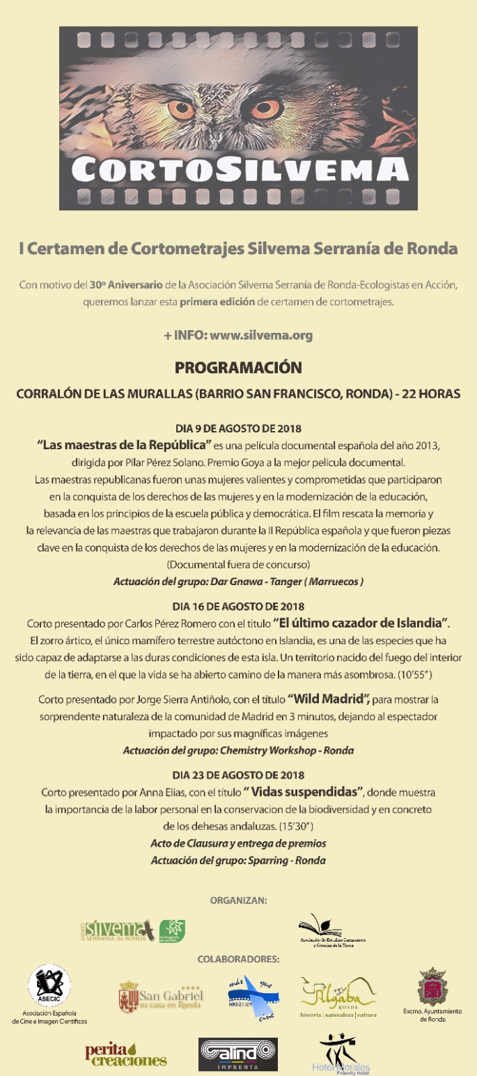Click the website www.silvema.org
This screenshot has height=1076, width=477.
[261, 335]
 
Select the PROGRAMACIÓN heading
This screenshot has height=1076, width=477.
[238, 367]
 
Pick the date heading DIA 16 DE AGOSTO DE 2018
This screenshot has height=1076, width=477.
[238, 606]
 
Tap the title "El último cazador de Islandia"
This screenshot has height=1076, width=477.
[361, 622]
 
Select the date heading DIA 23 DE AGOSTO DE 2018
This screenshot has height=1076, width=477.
[238, 774]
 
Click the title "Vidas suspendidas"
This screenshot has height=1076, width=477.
[304, 792]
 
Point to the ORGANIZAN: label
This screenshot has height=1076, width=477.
[238, 900]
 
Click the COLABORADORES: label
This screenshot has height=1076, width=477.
[238, 959]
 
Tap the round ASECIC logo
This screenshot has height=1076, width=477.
[49, 987]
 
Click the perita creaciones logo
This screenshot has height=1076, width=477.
[125, 1054]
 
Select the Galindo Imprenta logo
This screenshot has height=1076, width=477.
[238, 1054]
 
